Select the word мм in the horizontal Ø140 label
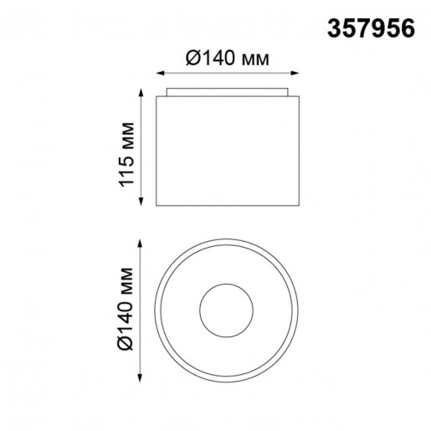[x=260, y=59]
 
